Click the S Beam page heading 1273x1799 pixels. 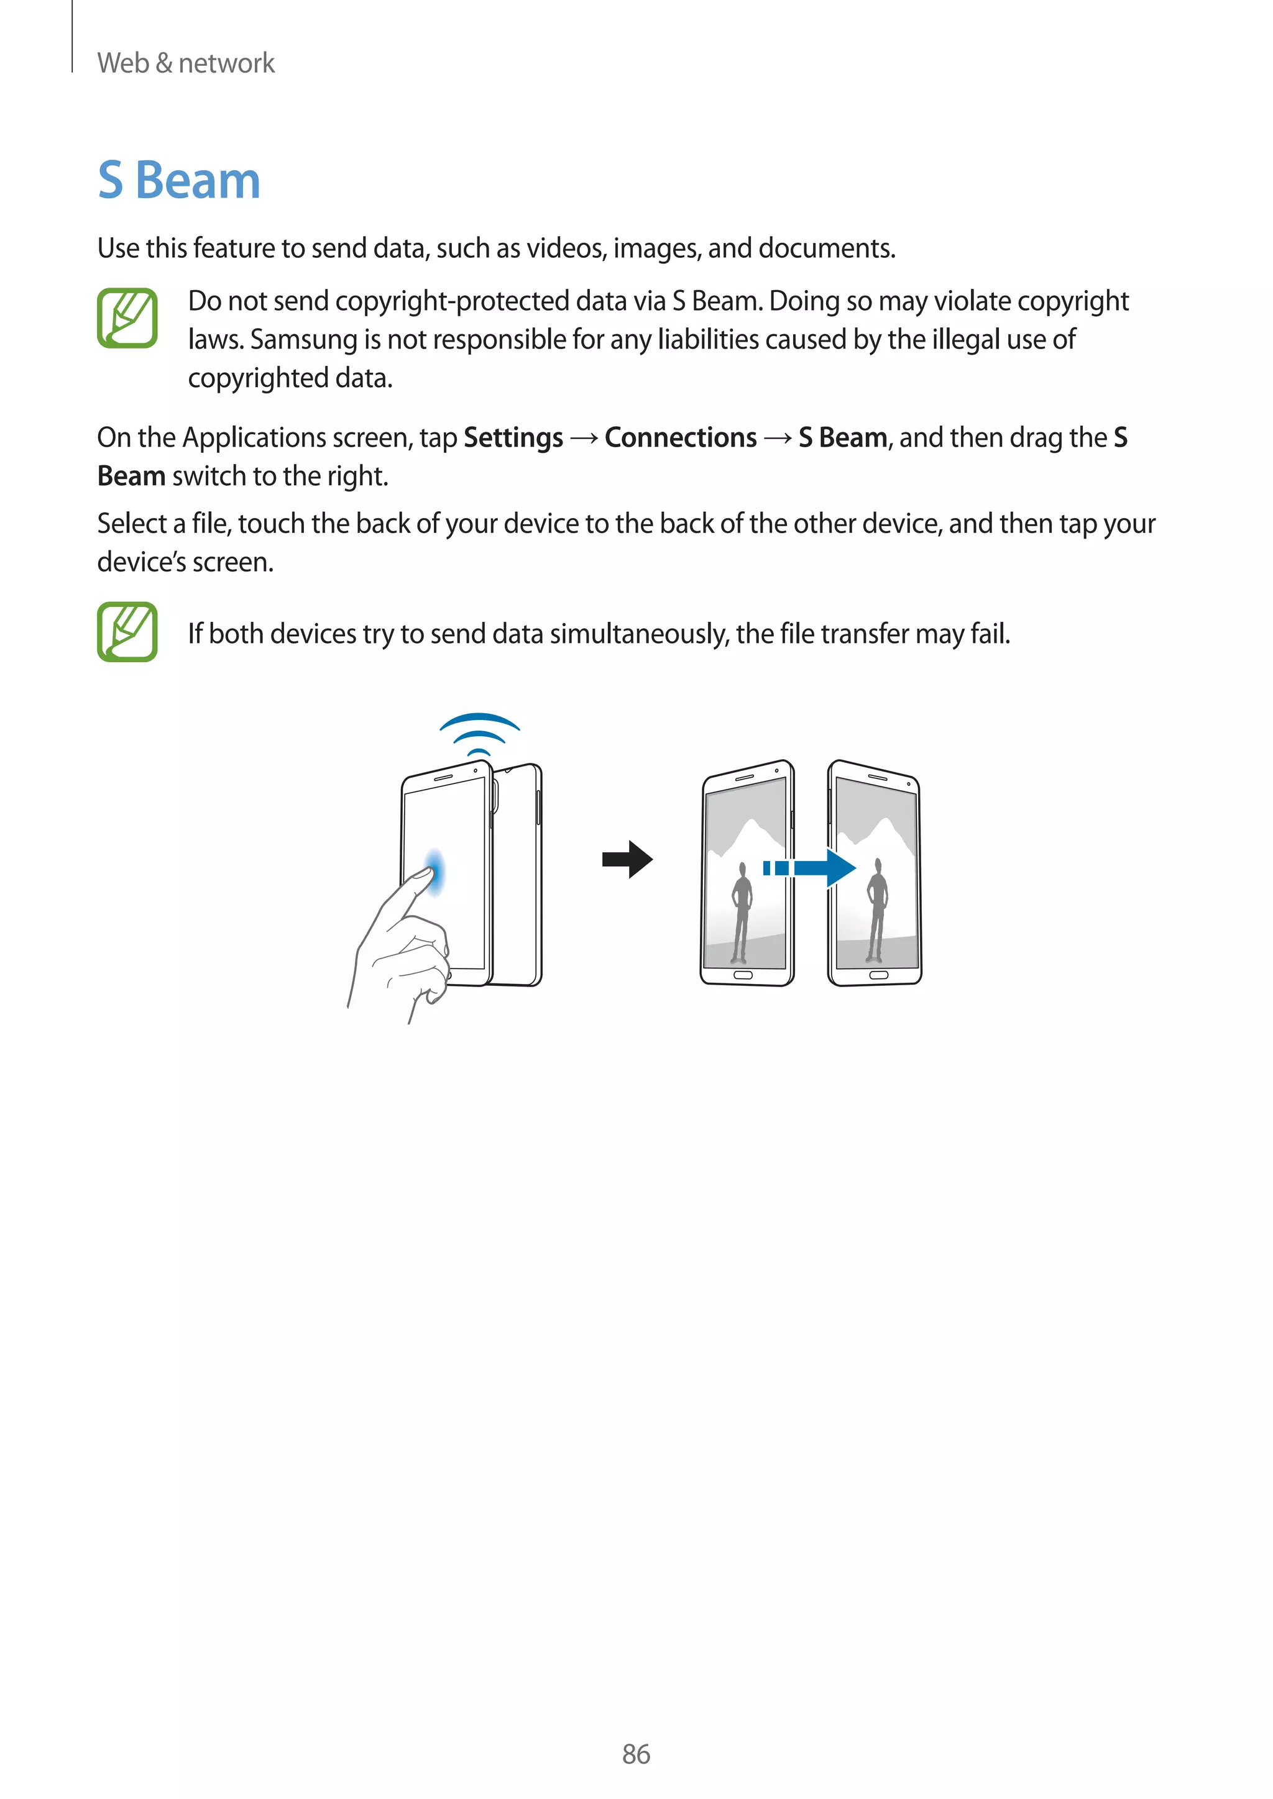coord(179,181)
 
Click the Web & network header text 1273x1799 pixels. coord(186,63)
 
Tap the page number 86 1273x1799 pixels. coord(636,1754)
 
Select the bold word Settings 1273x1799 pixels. coord(513,437)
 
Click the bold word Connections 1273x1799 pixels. coord(681,437)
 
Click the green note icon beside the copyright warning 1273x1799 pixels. coord(127,318)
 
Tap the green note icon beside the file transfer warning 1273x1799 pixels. coord(127,632)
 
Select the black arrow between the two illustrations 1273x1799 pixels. coord(627,860)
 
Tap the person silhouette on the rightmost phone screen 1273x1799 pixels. coord(876,909)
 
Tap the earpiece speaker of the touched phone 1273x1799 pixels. coord(444,777)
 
